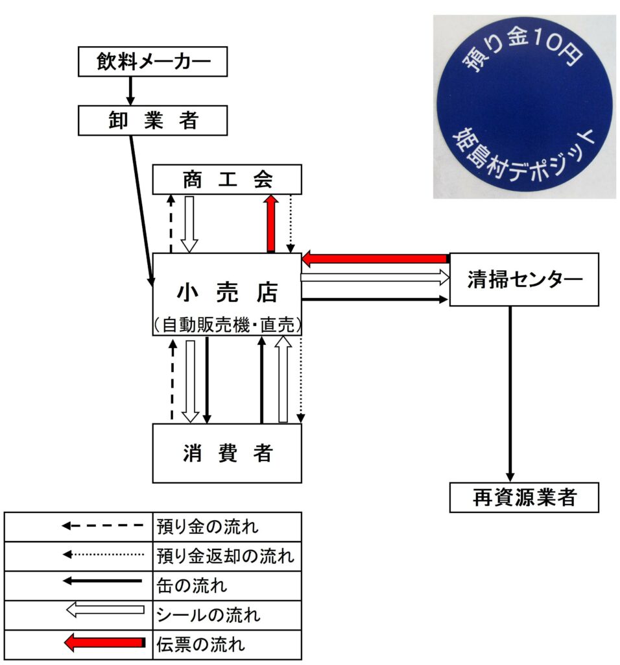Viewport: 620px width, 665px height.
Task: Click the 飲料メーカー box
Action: pos(153,62)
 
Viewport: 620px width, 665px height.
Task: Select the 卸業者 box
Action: pos(153,120)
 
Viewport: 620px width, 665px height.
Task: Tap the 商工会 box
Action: pos(227,179)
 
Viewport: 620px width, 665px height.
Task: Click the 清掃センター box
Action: pos(524,279)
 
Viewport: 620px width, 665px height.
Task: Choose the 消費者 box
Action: pos(227,453)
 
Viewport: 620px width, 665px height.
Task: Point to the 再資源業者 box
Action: pos(524,497)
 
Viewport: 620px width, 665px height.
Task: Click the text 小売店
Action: pos(227,292)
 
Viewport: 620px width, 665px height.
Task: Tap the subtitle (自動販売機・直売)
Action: pos(227,325)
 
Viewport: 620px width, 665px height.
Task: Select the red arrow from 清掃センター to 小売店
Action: pos(376,258)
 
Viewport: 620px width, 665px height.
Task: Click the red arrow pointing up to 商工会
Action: pos(271,223)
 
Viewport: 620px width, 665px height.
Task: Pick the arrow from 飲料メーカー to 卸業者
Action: pos(130,91)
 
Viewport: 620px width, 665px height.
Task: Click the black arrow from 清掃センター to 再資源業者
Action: pos(510,394)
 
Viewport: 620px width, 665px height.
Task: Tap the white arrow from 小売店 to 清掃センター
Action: pos(376,278)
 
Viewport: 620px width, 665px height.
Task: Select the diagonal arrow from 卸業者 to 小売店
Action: pos(141,211)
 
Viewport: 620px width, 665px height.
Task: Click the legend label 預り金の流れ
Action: pos(208,527)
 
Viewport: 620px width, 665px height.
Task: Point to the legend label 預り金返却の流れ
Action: pos(225,556)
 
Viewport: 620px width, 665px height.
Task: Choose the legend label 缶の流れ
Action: pos(192,586)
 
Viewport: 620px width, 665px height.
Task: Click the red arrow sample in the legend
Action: pos(104,642)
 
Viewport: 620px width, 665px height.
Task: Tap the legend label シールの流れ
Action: pos(208,615)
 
